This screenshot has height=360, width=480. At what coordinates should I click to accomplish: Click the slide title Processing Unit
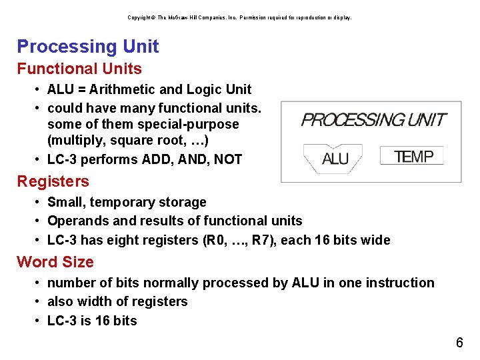coord(88,47)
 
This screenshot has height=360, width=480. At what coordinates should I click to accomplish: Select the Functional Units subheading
coord(79,69)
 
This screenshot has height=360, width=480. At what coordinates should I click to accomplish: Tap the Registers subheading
coord(53,181)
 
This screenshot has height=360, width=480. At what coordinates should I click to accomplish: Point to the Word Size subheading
coord(55,262)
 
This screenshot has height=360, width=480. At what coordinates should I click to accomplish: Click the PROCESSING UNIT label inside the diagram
coord(373,120)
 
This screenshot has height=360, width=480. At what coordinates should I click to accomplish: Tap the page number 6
coord(459,343)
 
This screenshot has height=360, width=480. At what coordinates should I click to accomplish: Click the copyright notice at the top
coord(239,17)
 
